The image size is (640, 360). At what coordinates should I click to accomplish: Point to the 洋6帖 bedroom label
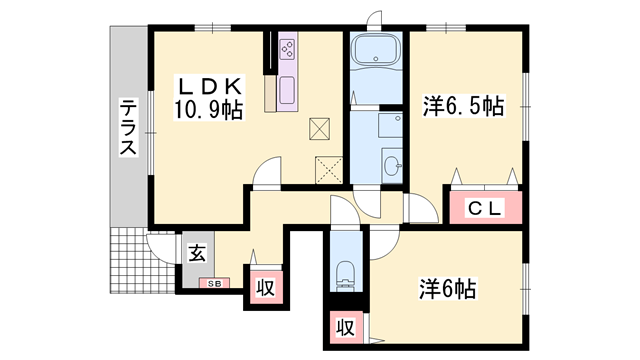click(445, 290)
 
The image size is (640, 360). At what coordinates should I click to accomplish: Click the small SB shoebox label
click(215, 283)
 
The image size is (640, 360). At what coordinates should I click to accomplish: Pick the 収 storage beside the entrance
click(264, 287)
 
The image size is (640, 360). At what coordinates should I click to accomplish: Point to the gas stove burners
click(287, 49)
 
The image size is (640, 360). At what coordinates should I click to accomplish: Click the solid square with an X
click(320, 128)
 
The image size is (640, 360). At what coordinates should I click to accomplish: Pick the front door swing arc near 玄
click(160, 245)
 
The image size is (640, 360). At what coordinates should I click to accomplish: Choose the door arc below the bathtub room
click(368, 203)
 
